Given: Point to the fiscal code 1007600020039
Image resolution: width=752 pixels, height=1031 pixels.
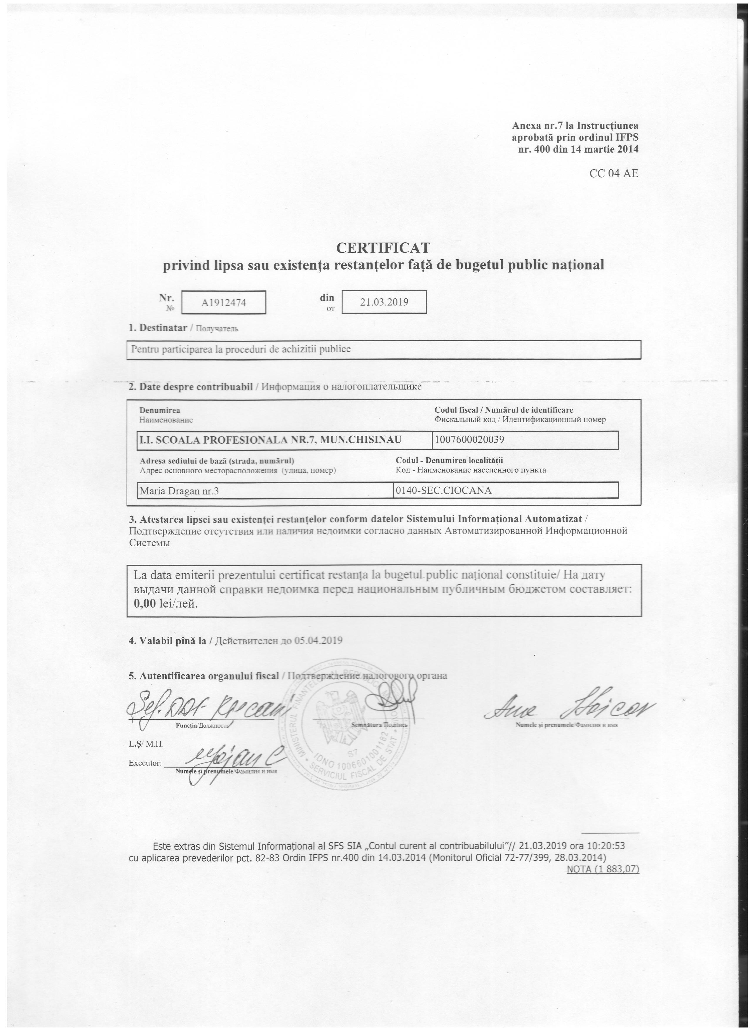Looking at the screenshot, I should (x=470, y=440).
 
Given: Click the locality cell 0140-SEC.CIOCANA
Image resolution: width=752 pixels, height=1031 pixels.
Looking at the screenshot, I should (x=444, y=490).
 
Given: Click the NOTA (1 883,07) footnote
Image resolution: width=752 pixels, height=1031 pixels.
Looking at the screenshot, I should (x=603, y=869).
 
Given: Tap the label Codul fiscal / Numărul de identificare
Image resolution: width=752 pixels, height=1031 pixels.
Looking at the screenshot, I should (x=504, y=410).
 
